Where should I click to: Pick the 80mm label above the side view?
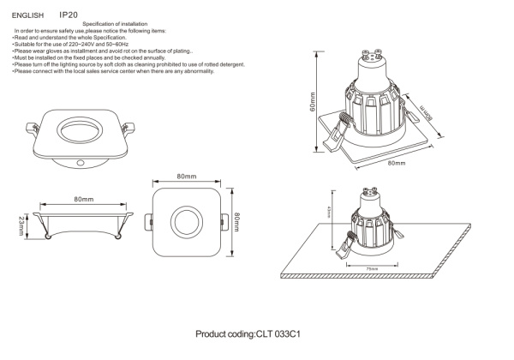(83, 199)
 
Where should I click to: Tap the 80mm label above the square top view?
(188, 176)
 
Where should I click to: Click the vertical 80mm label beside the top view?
(236, 222)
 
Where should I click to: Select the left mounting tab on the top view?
(146, 222)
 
